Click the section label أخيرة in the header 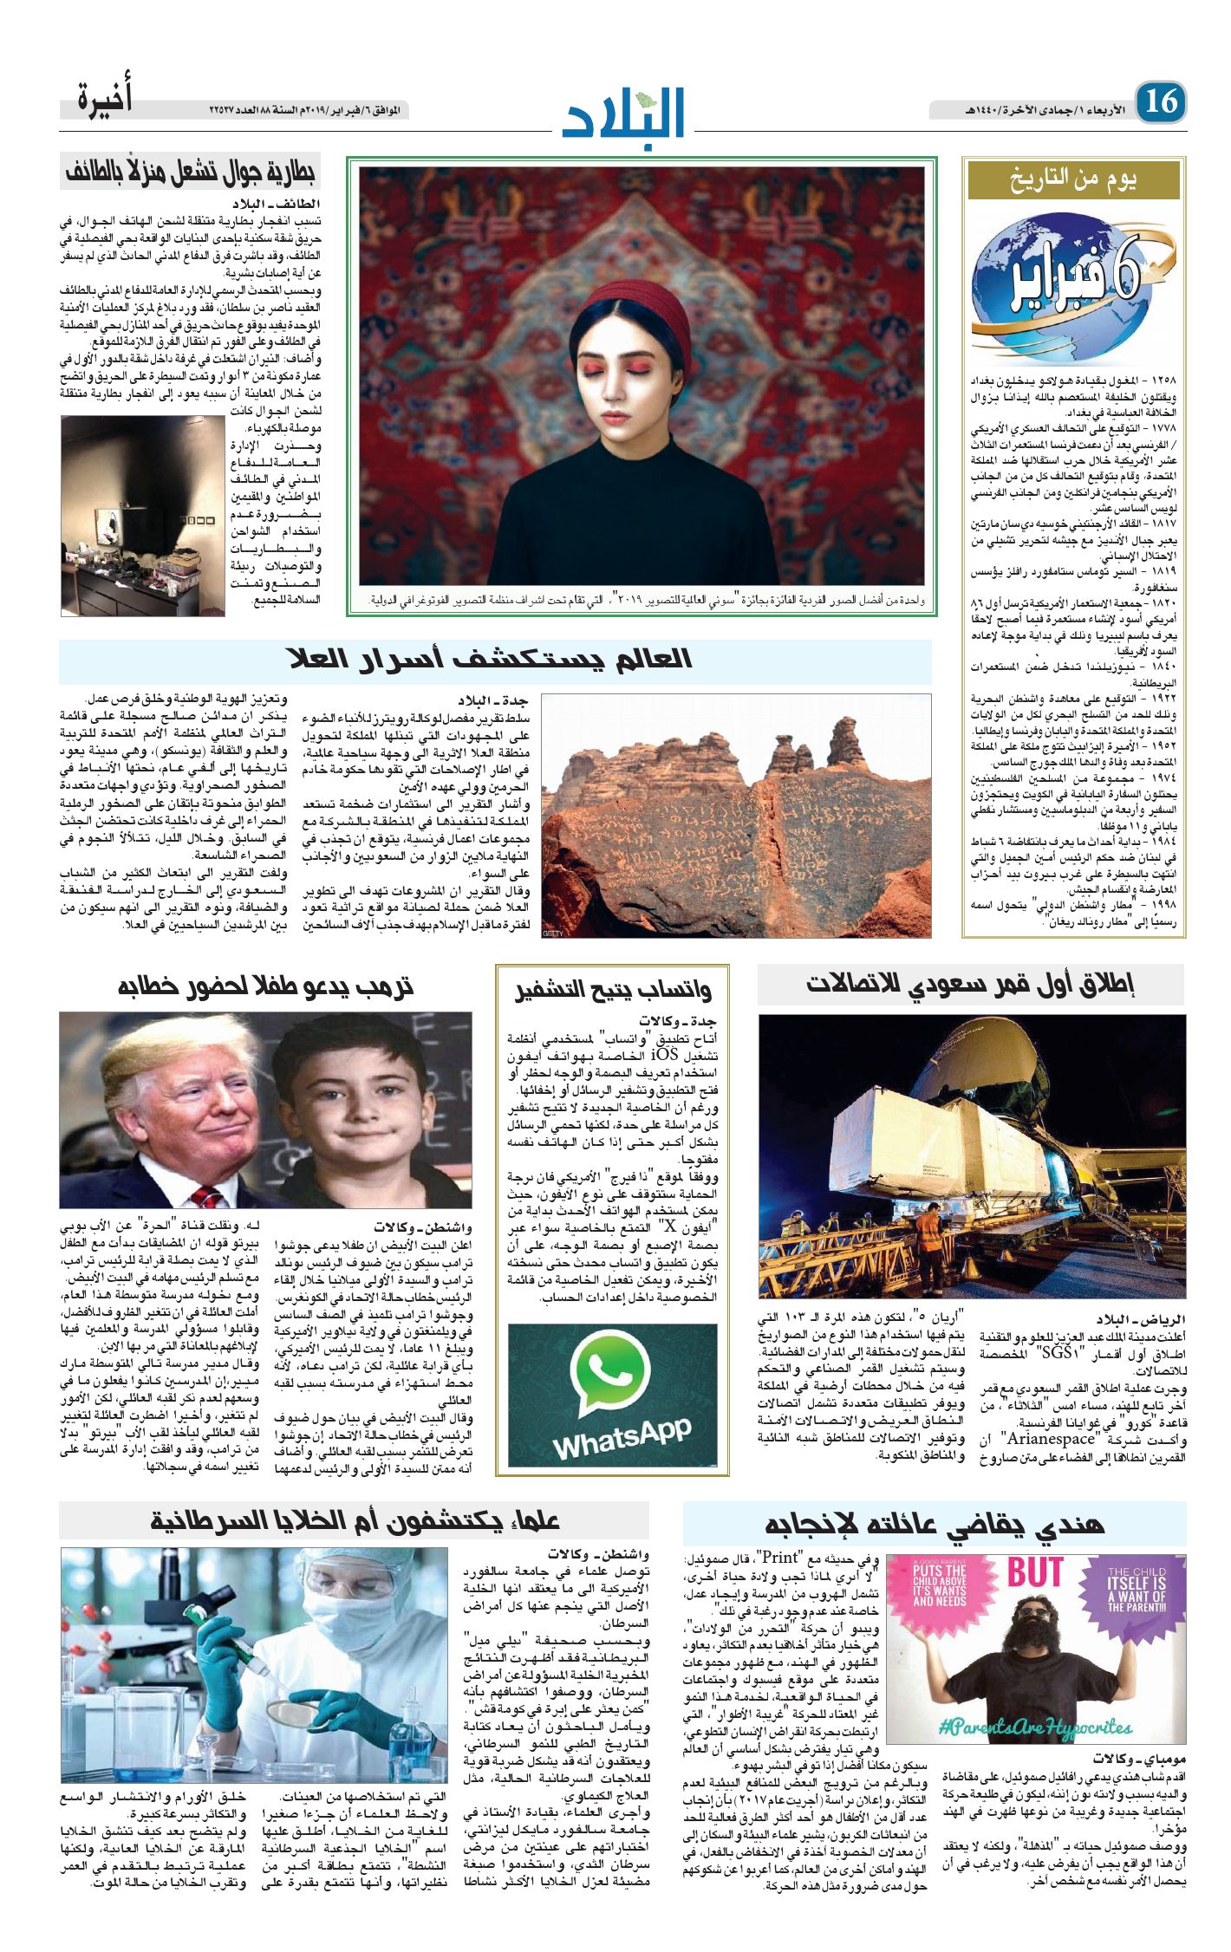click(105, 98)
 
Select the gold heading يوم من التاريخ click(1073, 180)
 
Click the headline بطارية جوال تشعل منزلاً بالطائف click(191, 172)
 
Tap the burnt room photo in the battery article click(142, 516)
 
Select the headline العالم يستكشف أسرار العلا click(491, 660)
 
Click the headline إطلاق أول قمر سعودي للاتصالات click(970, 985)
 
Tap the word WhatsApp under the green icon click(622, 1442)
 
